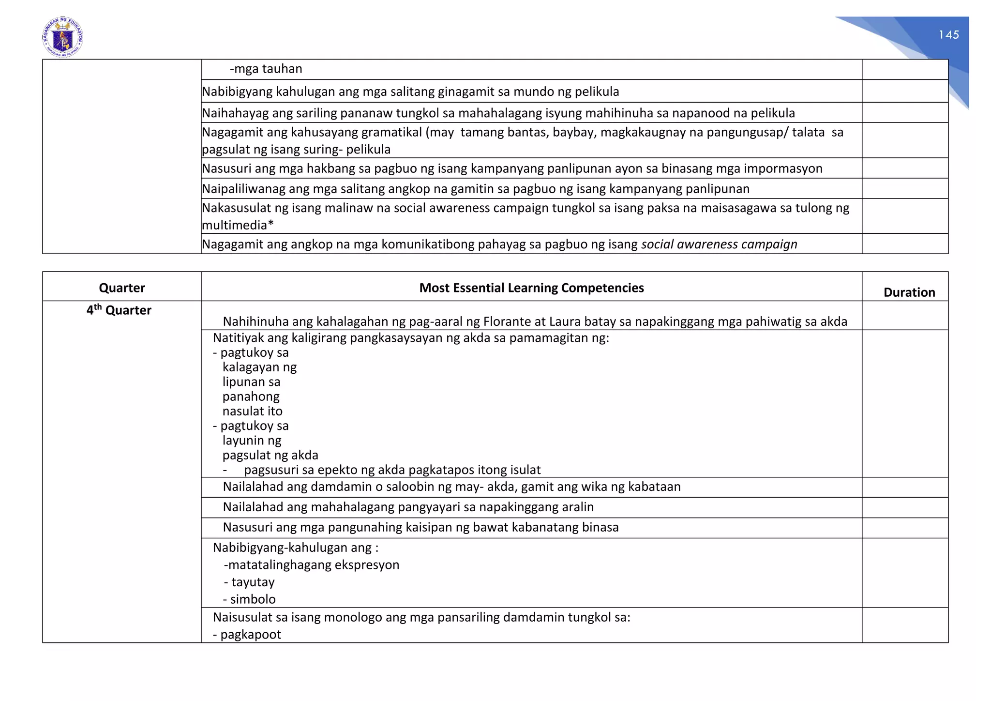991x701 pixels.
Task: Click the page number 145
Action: [948, 35]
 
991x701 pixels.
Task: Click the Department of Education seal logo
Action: [63, 37]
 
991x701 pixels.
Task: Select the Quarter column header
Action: [122, 288]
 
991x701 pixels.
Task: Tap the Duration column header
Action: [909, 292]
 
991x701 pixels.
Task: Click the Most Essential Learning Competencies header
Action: [531, 288]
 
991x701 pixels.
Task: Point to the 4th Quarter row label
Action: [119, 310]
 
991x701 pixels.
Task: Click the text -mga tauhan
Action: [266, 69]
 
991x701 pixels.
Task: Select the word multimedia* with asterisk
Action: [238, 225]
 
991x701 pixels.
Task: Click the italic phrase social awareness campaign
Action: [719, 244]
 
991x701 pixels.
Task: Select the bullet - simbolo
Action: [250, 599]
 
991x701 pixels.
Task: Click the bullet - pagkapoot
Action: [247, 635]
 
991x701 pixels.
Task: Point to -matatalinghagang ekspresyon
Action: [312, 565]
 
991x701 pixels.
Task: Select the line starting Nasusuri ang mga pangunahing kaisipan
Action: [420, 527]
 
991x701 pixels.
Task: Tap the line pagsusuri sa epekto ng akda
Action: [392, 470]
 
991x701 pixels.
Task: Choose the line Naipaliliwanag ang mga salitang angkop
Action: [475, 189]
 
